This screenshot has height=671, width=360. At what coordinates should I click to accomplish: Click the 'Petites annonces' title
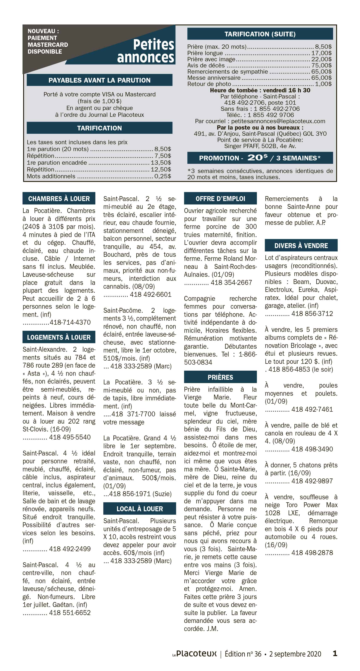pos(146,51)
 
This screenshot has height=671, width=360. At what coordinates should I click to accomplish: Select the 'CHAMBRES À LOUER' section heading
pos(59,198)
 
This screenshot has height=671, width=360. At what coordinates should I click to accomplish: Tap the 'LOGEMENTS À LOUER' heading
pos(59,337)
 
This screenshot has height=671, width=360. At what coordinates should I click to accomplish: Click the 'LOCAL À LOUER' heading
pos(140,509)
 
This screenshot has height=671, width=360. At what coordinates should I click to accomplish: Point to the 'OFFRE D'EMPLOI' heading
pos(220,198)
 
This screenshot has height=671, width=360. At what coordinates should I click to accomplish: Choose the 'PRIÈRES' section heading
pos(220,377)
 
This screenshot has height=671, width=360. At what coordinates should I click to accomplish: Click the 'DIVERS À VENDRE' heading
pos(301,246)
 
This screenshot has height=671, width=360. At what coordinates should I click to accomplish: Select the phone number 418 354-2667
pos(231,282)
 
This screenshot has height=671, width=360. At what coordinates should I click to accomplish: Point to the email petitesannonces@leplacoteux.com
pos(278,121)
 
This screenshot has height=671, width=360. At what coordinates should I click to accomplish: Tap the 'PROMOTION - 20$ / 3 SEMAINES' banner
pos(260,158)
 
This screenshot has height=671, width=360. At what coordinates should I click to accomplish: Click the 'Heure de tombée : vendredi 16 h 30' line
pos(260,90)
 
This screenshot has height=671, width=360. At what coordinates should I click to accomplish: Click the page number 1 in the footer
pos(335,653)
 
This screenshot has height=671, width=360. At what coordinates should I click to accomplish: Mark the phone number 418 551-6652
pos(70,612)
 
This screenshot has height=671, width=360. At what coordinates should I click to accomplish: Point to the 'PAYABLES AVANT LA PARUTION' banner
pos(100,80)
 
